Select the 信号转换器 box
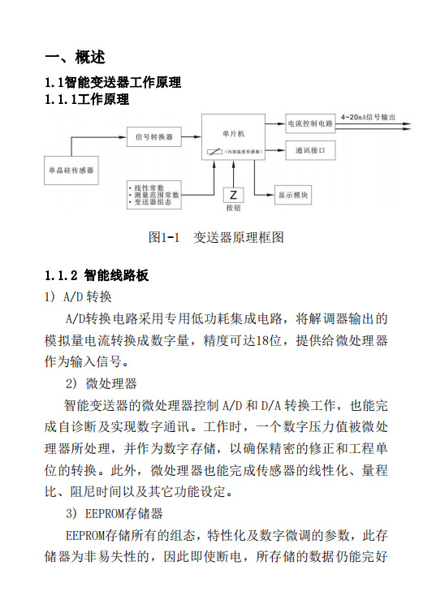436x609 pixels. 154,136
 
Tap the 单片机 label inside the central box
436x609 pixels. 233,131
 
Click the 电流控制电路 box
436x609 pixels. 310,124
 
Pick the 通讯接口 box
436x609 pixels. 310,150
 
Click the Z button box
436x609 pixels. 233,195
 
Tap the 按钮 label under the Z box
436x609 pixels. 233,208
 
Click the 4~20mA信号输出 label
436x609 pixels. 368,117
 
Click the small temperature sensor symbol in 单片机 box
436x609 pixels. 214,151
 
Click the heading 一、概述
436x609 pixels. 75,58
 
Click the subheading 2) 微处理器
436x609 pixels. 101,382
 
